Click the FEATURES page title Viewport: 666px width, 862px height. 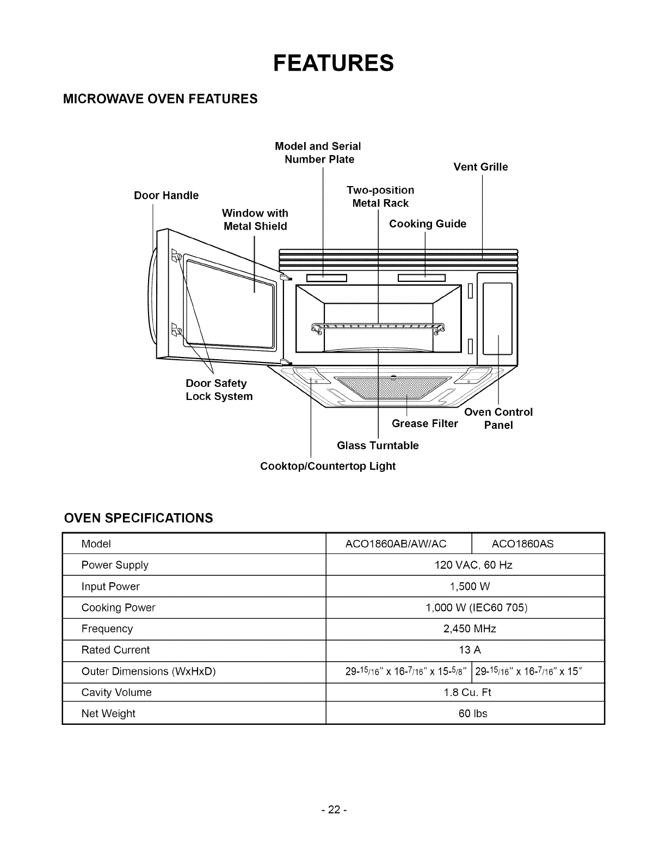click(x=333, y=63)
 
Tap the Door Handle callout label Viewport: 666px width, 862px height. click(x=166, y=195)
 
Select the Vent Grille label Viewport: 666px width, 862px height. click(x=480, y=167)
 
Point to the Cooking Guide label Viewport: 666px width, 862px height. click(x=428, y=224)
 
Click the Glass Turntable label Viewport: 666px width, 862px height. click(x=378, y=446)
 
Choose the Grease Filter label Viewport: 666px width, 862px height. click(x=424, y=423)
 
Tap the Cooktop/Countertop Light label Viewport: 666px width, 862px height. click(x=328, y=466)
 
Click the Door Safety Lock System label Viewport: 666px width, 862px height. click(x=219, y=390)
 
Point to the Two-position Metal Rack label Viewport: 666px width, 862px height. click(x=380, y=196)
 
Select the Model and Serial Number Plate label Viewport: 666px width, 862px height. click(x=318, y=153)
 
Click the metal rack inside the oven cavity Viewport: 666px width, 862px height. click(x=378, y=327)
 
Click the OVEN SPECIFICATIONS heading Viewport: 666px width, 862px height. click(x=138, y=518)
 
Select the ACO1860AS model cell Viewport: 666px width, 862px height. click(x=522, y=544)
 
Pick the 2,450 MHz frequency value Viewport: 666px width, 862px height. click(x=470, y=629)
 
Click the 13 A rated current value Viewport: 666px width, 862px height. click(x=470, y=650)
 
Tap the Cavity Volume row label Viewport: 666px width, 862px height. click(x=116, y=692)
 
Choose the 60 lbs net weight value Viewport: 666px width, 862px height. click(x=473, y=713)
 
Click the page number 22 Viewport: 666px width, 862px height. click(x=332, y=810)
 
